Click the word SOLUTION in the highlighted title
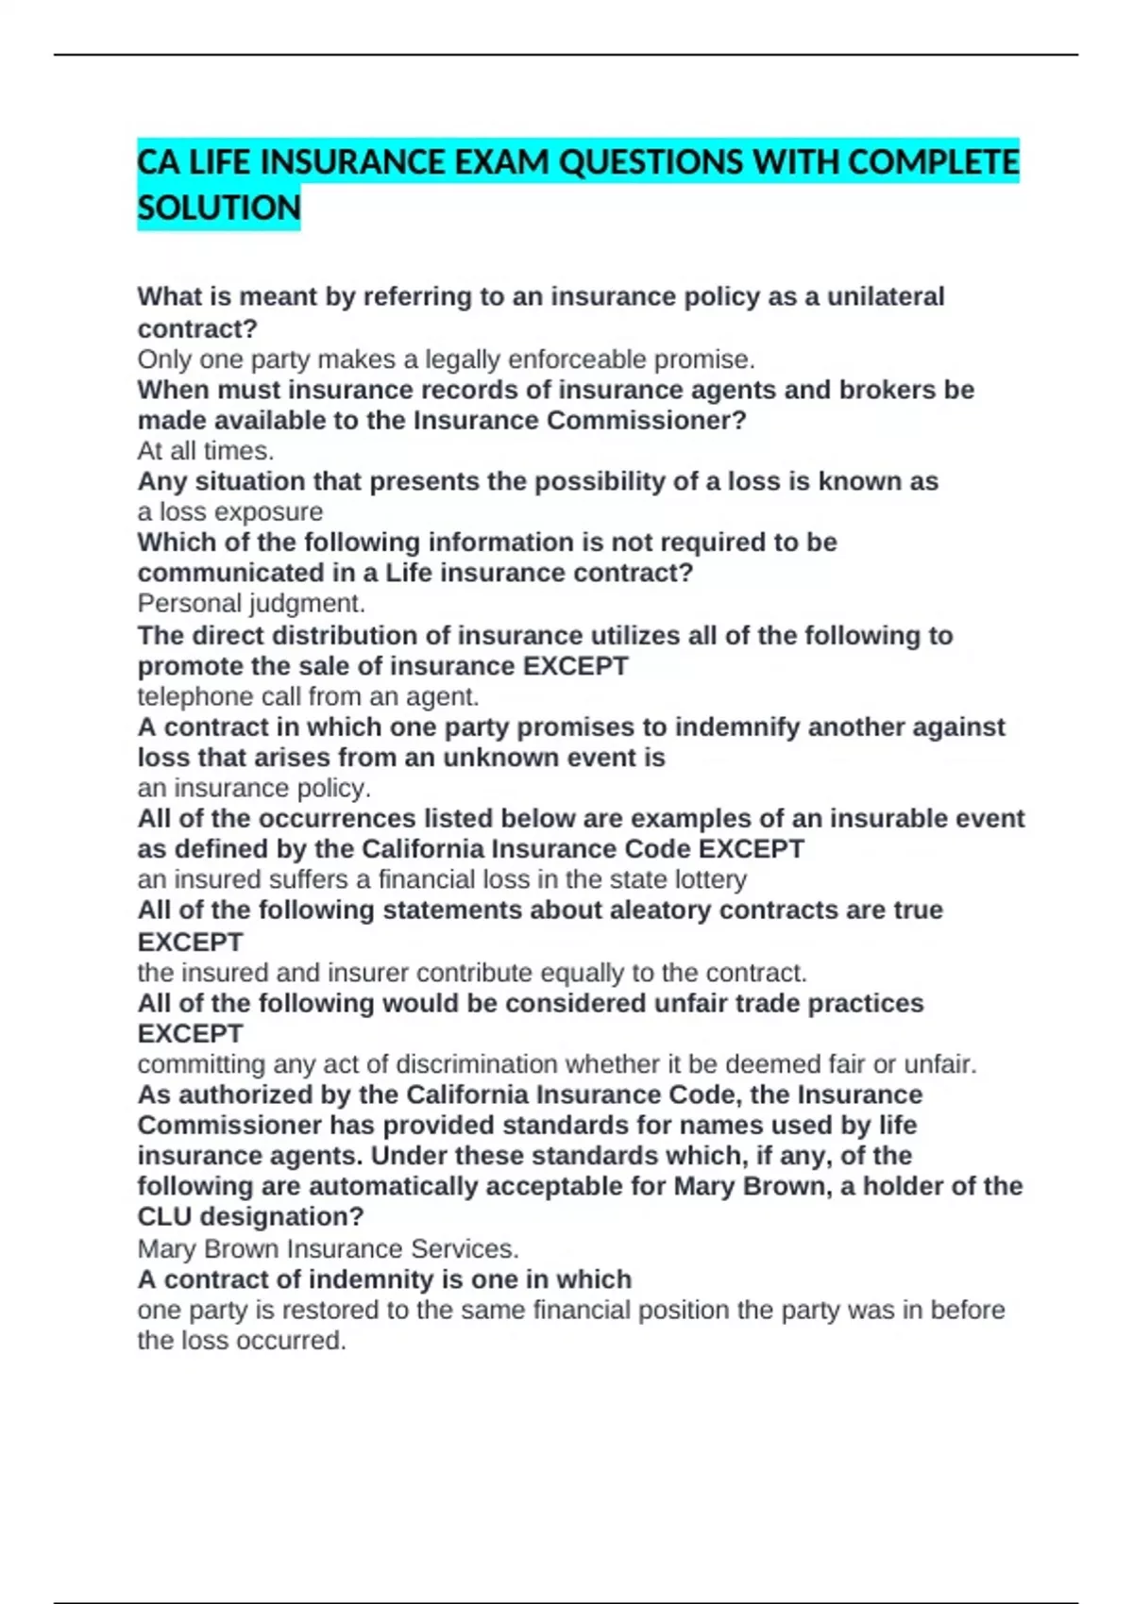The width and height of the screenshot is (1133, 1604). point(218,208)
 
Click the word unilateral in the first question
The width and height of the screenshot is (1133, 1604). point(885,296)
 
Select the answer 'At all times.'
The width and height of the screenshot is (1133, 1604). point(205,451)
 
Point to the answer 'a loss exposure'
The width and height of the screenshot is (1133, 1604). point(229,511)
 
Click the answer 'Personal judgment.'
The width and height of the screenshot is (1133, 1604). point(251,603)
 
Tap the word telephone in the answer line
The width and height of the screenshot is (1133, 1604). point(192,696)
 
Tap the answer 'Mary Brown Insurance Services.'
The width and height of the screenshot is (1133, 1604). point(328,1248)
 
